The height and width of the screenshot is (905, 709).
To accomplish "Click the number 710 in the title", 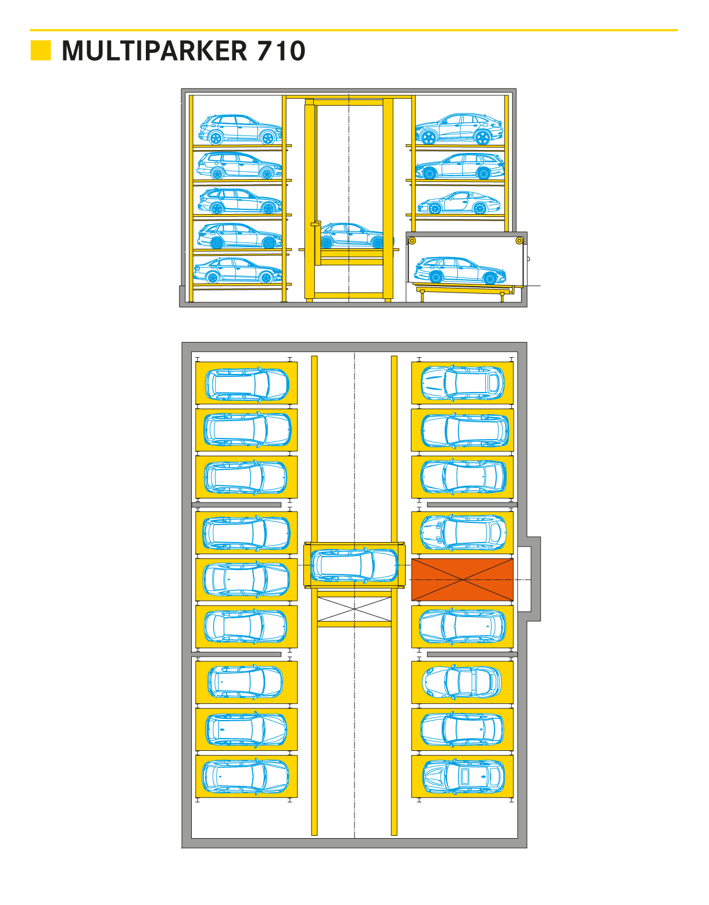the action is [281, 51].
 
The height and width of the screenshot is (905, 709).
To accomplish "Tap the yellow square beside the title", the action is [41, 51].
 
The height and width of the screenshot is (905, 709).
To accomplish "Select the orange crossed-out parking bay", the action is [462, 580].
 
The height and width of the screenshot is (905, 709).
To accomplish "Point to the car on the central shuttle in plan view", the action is [354, 565].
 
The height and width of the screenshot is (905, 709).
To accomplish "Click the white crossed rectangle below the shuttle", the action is [354, 609].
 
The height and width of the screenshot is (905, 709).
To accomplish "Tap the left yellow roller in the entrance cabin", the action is [412, 241].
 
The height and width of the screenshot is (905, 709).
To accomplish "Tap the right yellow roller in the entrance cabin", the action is [520, 241].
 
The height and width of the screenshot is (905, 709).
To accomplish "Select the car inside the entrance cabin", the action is [460, 270].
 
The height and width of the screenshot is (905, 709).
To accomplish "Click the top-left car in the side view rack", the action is [241, 130].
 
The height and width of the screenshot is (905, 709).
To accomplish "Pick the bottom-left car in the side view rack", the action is [238, 270].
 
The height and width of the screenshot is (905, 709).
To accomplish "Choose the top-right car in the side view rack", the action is [459, 129].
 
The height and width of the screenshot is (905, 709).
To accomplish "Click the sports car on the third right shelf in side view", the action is [459, 203].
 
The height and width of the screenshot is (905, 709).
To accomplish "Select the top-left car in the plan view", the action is [247, 384].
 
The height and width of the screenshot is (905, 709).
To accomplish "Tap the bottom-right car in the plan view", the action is [464, 776].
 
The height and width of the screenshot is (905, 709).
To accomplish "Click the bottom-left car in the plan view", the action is [245, 776].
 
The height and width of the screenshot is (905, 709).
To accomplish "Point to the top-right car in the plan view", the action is [463, 383].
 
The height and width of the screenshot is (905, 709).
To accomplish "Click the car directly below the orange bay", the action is [462, 626].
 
